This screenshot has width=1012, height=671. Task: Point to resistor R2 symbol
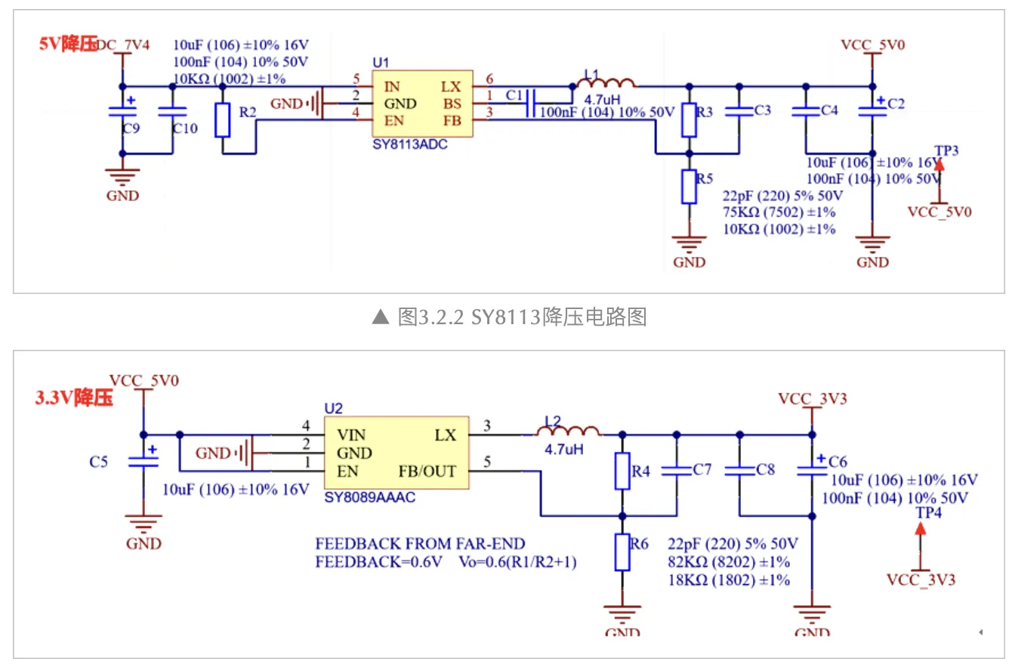click(x=222, y=120)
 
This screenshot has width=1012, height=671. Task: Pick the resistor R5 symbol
click(x=688, y=187)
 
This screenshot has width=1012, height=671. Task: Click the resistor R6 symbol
click(x=622, y=552)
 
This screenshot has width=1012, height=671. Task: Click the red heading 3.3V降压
click(x=74, y=398)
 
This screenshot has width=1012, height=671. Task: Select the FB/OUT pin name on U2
click(x=427, y=472)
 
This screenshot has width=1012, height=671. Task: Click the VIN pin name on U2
click(x=351, y=435)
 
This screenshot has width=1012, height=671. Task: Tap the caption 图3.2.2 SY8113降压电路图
click(x=509, y=317)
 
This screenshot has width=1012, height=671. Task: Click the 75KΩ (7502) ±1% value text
click(x=779, y=212)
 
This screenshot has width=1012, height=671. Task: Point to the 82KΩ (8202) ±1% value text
click(x=728, y=561)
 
